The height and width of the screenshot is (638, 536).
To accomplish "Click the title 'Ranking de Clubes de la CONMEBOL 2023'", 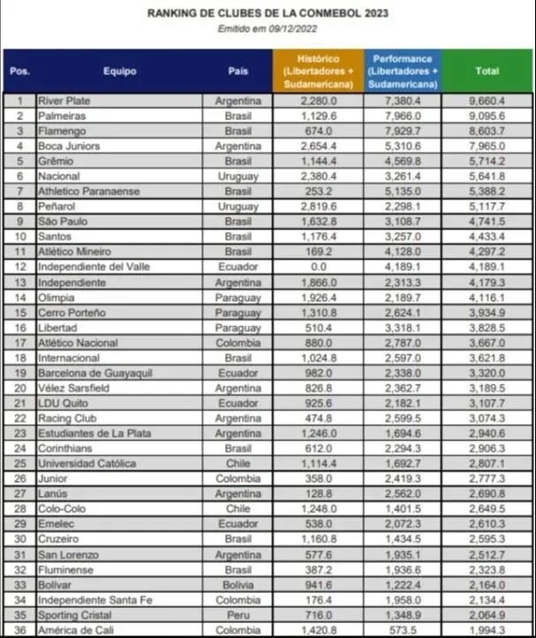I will click(268, 14).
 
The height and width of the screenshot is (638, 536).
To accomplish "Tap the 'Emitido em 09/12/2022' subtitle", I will click(268, 29).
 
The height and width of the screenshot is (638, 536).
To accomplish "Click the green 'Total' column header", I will click(487, 71).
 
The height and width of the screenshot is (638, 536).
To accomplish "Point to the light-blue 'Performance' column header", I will click(403, 71).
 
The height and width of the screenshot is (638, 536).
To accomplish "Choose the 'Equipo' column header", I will click(119, 71).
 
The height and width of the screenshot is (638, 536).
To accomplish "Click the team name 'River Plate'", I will click(64, 101).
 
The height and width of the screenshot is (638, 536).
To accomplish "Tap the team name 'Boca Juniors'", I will click(69, 146).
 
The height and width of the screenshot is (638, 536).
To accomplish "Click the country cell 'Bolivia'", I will click(238, 585).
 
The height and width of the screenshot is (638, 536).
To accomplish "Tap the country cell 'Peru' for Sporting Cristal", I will click(238, 615).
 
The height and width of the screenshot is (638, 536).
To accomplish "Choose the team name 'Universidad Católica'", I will click(87, 464).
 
